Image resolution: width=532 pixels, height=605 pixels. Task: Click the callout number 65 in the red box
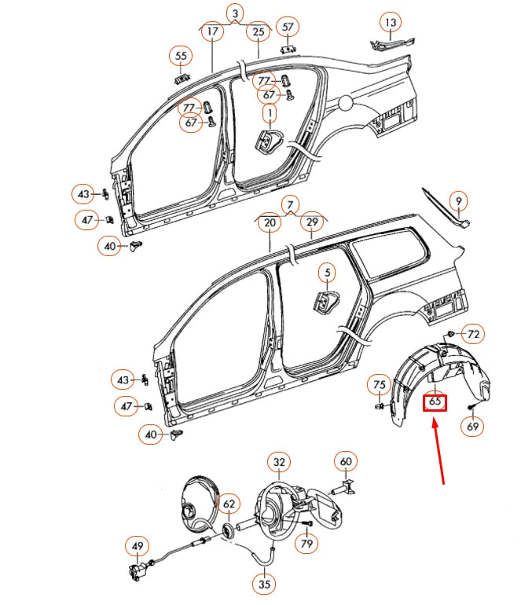click(x=435, y=402)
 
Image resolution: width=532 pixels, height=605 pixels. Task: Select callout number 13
click(x=391, y=21)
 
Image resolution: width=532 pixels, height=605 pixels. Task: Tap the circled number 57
click(x=288, y=27)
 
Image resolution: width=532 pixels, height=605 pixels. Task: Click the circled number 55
click(x=182, y=56)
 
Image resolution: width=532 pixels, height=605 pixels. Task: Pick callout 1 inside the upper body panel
click(x=270, y=115)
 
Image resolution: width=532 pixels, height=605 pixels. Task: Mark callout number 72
click(x=472, y=335)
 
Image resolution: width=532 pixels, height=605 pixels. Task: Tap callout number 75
click(x=380, y=385)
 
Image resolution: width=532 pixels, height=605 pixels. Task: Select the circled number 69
click(x=472, y=427)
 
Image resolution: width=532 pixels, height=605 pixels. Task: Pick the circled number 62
click(x=228, y=504)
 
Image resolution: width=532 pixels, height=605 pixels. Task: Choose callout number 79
click(x=306, y=543)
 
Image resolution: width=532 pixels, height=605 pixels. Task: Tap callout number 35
click(x=264, y=584)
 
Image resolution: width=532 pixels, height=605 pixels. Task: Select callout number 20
click(x=270, y=223)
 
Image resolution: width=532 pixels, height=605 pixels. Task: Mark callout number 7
click(x=290, y=205)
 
